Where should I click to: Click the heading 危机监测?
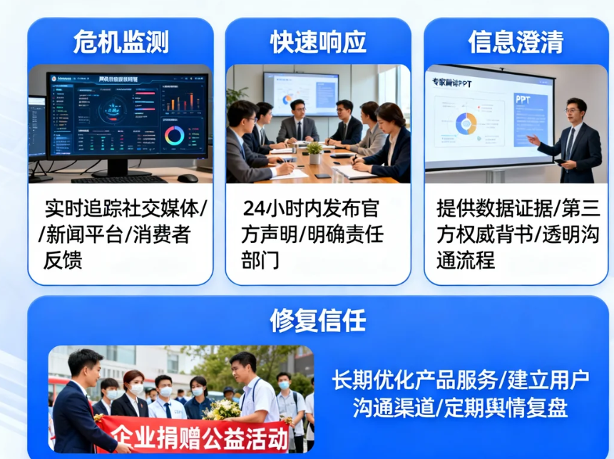click(x=121, y=42)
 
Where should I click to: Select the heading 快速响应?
click(x=318, y=42)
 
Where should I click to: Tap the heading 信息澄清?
click(x=516, y=42)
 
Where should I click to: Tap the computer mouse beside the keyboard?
click(x=188, y=178)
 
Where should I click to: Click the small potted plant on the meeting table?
click(x=314, y=152)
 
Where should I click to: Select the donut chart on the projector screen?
click(x=466, y=123)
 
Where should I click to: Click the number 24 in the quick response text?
click(x=254, y=209)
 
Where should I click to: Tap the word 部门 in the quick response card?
click(x=260, y=259)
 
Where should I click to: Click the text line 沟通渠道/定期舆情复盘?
click(x=460, y=408)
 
